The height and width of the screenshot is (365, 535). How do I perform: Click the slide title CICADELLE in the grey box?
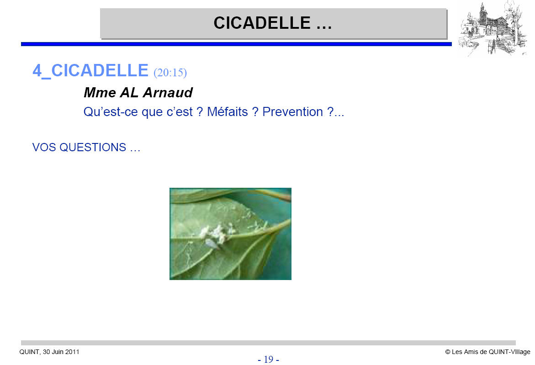262,23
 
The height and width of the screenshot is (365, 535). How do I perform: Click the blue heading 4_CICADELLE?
90,71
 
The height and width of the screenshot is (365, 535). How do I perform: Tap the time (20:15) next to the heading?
170,73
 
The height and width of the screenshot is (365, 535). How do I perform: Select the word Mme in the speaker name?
100,92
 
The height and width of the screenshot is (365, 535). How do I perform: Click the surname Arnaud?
168,92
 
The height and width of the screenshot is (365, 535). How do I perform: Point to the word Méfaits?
228,111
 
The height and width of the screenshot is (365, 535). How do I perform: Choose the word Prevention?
292,111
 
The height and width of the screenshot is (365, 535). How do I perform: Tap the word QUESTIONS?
93,148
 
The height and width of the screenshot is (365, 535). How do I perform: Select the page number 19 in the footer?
269,359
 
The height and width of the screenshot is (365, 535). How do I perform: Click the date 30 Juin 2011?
61,352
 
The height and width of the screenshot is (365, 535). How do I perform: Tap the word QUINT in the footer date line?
30,352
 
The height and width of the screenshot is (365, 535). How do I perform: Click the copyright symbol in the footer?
448,352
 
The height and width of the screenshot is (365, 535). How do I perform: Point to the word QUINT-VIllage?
509,352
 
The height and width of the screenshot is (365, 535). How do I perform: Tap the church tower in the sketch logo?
482,14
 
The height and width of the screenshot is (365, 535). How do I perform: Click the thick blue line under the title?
236,44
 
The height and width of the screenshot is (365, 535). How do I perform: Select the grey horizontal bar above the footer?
268,343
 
